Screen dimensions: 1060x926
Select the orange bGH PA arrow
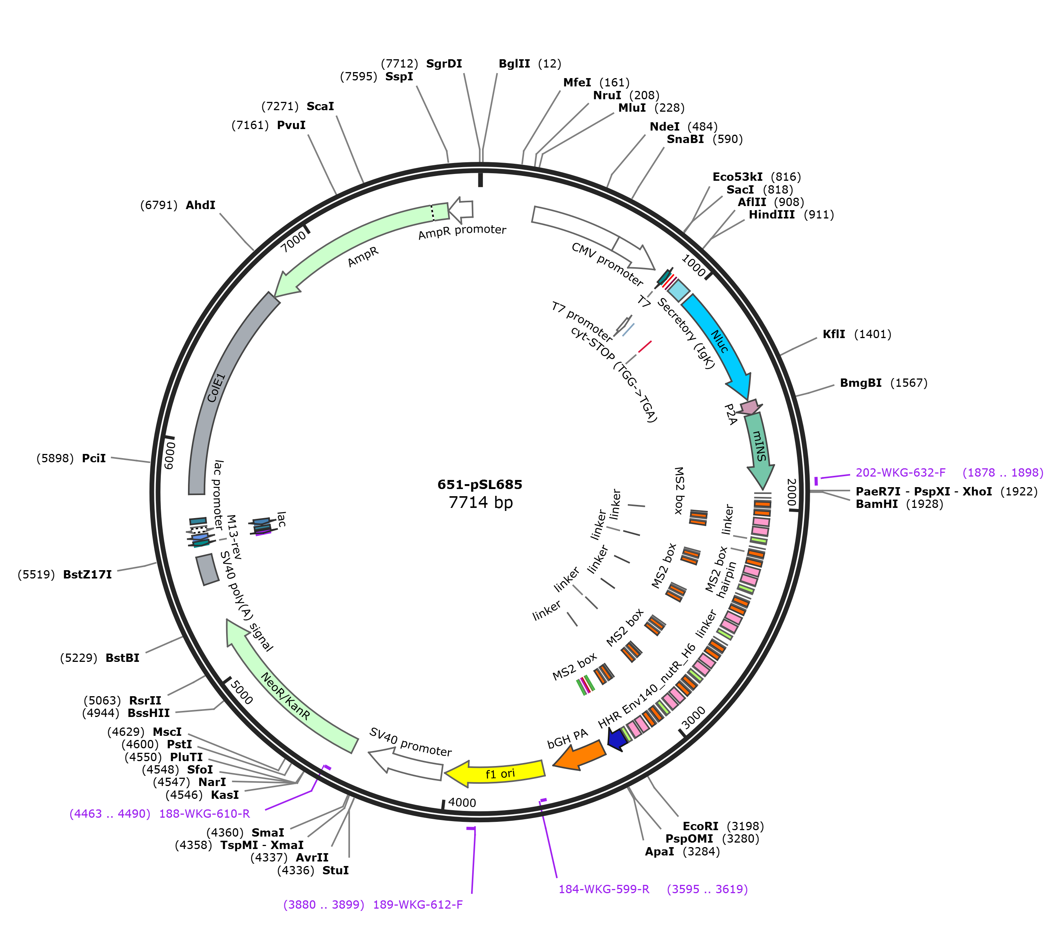pos(579,755)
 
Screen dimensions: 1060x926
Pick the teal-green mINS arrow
pos(760,449)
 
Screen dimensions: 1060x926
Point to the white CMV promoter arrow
pos(594,235)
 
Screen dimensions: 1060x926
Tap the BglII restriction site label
pos(514,63)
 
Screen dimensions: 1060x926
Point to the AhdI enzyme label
pos(200,205)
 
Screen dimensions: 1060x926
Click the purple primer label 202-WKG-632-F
pos(901,472)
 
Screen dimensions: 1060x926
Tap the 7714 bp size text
pos(481,502)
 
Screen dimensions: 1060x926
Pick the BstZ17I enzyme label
pos(87,575)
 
